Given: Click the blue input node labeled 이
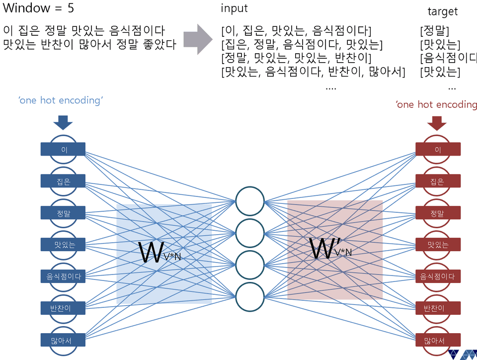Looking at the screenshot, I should pyautogui.click(x=63, y=149).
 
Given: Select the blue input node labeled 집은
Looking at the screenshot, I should pyautogui.click(x=63, y=181).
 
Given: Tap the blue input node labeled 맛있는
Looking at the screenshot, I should pyautogui.click(x=63, y=245).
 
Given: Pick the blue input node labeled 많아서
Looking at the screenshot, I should pyautogui.click(x=63, y=340).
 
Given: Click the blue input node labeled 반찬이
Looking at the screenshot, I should pyautogui.click(x=63, y=308).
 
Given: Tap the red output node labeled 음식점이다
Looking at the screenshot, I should pyautogui.click(x=437, y=276).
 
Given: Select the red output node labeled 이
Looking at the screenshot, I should pyautogui.click(x=437, y=149).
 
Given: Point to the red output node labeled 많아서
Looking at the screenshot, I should pyautogui.click(x=437, y=340).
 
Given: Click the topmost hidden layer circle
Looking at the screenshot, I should pyautogui.click(x=250, y=201).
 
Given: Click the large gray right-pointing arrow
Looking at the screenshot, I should pyautogui.click(x=199, y=38).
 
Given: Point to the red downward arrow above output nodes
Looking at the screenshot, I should pyautogui.click(x=437, y=122).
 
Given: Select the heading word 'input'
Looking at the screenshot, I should pyautogui.click(x=234, y=8).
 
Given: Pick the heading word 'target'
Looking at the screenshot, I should pyautogui.click(x=442, y=11).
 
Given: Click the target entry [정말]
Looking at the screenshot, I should pyautogui.click(x=435, y=31).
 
